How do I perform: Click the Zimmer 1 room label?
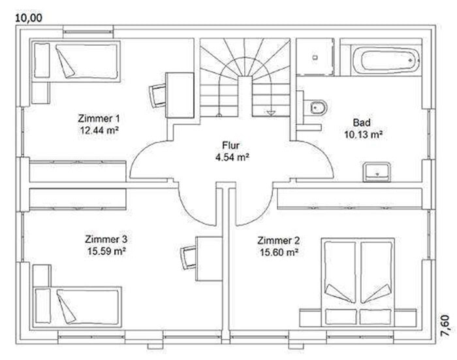pos(99,118)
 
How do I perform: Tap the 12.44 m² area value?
pos(99,130)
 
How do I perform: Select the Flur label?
pos(231,145)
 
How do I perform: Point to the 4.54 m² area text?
pos(232,157)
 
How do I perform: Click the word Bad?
pos(362,122)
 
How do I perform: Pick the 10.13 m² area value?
pos(363,135)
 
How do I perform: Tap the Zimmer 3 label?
pos(106,239)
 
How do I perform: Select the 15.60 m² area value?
pos(279,252)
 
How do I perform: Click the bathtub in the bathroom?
pos(386,60)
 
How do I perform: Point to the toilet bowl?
pos(318,108)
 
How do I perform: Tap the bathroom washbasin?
pos(377,172)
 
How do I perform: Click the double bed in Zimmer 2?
pos(358,282)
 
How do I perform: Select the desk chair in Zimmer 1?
pos(157,95)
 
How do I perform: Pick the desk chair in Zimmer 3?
pos(189,257)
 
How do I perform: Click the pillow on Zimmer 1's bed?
pos(42,60)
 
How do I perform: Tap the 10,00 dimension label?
pos(29,18)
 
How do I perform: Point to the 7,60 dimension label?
pos(449,326)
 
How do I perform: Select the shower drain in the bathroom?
pos(315,57)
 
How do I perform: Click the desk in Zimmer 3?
pos(210,259)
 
